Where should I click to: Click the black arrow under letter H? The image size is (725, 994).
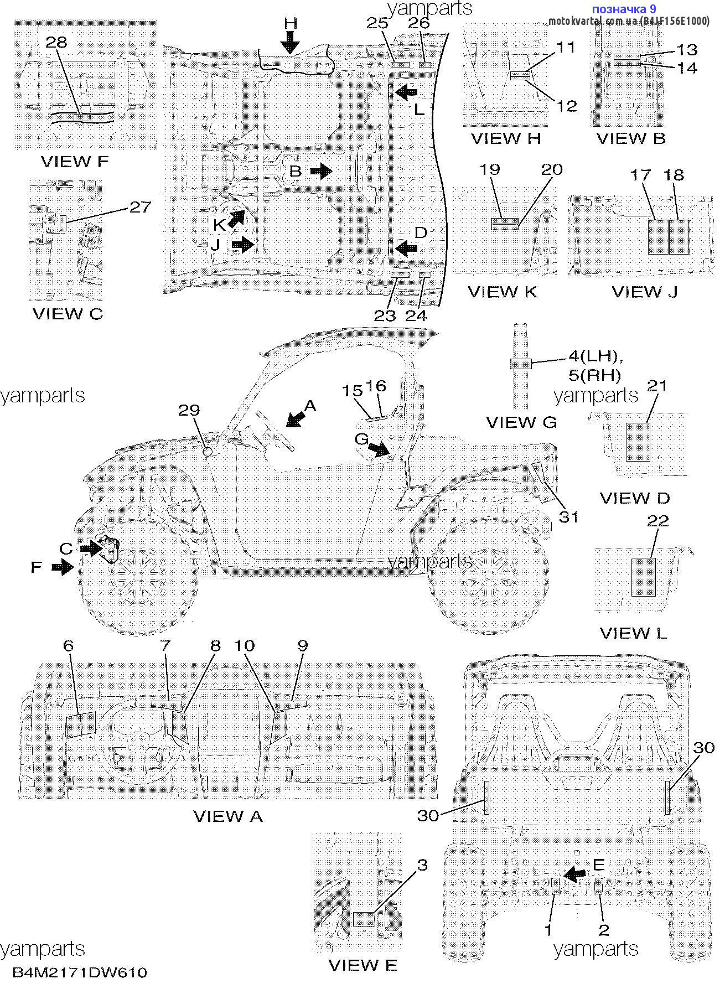tap(290, 43)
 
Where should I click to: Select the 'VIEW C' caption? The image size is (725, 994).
tap(68, 314)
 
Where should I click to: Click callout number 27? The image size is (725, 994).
tap(140, 207)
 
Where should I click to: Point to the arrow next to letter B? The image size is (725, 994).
tap(321, 172)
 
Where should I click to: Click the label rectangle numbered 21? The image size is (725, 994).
tap(638, 442)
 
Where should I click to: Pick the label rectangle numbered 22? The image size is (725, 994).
tap(644, 577)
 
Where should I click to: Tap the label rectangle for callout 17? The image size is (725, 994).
tap(657, 237)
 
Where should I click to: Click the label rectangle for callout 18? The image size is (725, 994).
tap(679, 237)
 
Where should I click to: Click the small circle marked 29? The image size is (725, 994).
tap(208, 452)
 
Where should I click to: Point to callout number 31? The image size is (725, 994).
tap(568, 517)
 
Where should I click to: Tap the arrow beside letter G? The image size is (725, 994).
tap(380, 449)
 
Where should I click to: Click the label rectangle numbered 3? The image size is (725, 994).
tap(364, 919)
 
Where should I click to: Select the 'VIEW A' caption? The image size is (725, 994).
tap(228, 816)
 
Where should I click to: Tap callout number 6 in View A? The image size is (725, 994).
tap(69, 645)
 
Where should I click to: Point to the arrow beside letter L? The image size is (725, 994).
tap(406, 92)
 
